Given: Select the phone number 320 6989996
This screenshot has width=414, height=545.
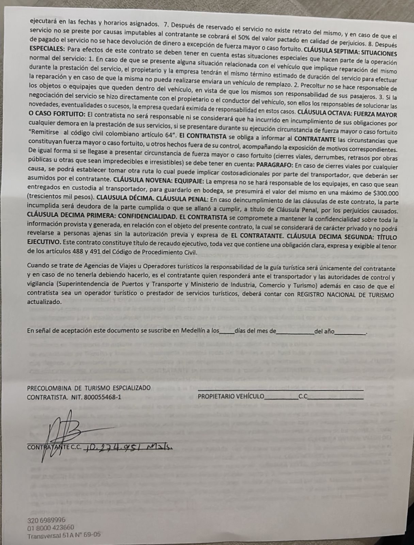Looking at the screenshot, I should click(x=46, y=520).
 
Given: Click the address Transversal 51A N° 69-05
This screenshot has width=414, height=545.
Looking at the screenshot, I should click(x=64, y=535).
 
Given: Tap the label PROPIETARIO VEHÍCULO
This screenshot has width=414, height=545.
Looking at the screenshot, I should click(x=231, y=396).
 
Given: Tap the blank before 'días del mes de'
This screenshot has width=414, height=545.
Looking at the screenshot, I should click(x=227, y=331).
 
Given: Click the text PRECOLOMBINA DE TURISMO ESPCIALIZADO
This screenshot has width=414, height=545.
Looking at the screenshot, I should click(x=89, y=388).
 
